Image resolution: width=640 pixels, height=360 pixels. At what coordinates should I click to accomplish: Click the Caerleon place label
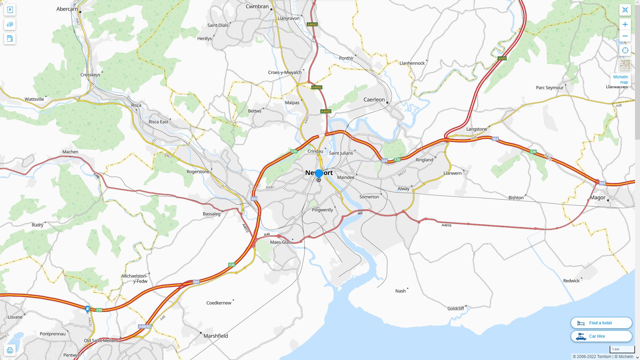point(374,100)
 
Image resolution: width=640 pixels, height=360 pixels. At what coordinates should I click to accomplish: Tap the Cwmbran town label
point(257,6)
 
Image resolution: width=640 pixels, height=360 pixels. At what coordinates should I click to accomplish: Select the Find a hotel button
point(601,323)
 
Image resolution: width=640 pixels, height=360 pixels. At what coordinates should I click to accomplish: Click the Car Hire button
point(601,336)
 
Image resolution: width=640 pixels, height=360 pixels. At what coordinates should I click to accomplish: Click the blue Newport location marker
point(319,173)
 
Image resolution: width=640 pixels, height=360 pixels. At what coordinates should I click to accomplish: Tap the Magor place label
point(597,197)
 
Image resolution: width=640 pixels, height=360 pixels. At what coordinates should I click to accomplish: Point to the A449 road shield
point(502,58)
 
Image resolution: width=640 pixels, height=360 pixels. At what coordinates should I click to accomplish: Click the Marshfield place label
point(216,336)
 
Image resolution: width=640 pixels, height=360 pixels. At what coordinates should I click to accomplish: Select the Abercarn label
point(67,9)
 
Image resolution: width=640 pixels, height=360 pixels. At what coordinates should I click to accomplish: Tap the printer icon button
point(10,350)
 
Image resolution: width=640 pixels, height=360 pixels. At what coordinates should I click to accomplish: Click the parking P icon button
point(10,10)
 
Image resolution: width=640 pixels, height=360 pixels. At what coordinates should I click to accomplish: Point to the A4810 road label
point(446,225)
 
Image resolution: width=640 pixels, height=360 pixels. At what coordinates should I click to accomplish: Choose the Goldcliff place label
point(456,309)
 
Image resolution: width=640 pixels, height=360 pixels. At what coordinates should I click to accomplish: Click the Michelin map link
point(620,79)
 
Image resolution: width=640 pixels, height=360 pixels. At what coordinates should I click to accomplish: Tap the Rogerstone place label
point(198,172)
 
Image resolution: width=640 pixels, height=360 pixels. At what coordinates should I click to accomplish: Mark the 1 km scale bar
point(622,349)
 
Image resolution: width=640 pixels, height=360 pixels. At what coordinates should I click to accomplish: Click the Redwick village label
point(571,281)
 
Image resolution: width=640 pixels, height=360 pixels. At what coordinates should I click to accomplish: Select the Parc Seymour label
point(550,88)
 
